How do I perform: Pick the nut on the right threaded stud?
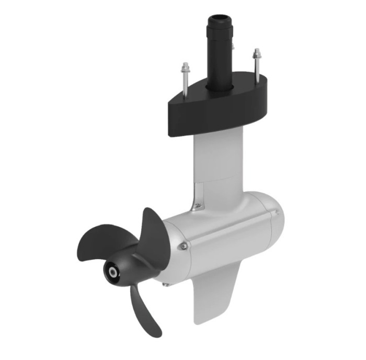[x=256, y=54]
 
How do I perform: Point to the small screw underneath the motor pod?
[x=166, y=284]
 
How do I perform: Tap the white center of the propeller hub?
[x=111, y=272]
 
